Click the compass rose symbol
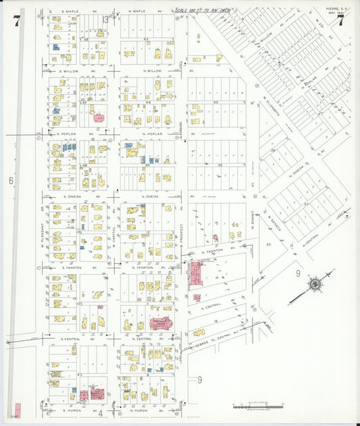coord(314,285)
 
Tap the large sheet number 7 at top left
coord(16,21)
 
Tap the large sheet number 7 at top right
coord(341,21)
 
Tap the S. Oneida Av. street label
coord(72,196)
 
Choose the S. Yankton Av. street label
coord(72,267)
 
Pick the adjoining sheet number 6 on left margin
coord(11,180)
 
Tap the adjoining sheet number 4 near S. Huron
coord(99,412)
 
